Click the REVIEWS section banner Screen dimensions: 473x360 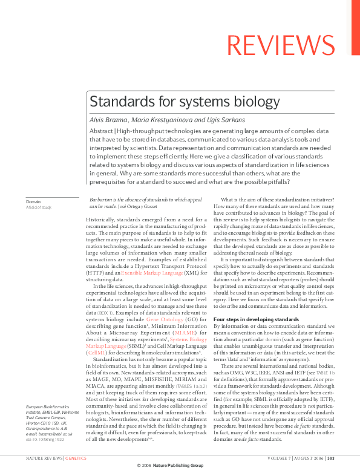292,45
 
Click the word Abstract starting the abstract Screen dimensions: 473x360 101,131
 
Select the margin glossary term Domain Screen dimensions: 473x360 33,201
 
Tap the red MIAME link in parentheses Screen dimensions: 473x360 185,332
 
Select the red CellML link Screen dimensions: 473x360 97,352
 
